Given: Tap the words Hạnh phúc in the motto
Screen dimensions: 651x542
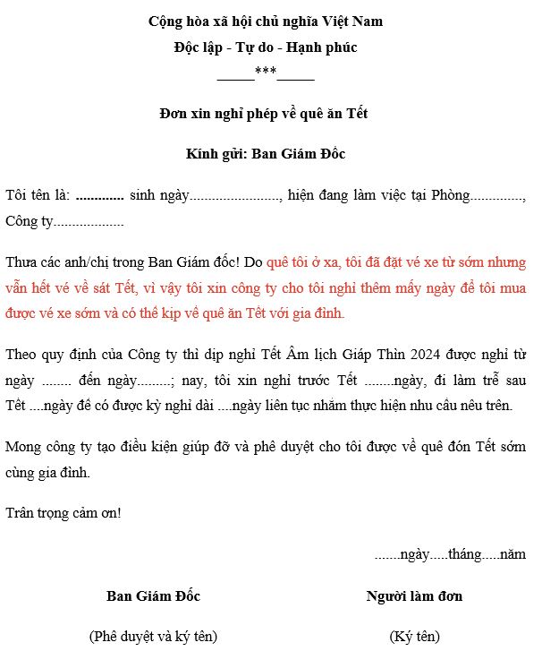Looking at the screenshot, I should click(326, 47).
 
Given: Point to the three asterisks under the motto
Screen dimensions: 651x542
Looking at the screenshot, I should click(266, 73).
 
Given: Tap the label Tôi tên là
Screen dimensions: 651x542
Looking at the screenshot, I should click(37, 195).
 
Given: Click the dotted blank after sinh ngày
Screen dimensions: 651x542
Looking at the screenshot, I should click(236, 197).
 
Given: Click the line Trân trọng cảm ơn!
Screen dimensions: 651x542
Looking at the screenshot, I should click(63, 513).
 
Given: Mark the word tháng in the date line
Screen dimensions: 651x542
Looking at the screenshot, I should click(465, 555).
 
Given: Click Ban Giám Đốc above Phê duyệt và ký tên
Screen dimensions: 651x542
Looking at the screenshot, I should click(153, 595).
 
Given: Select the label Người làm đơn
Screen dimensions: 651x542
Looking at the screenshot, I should click(414, 595).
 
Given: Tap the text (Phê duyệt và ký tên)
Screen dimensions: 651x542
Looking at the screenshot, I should click(153, 637).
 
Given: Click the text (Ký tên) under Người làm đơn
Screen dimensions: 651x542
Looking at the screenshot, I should click(414, 637).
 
